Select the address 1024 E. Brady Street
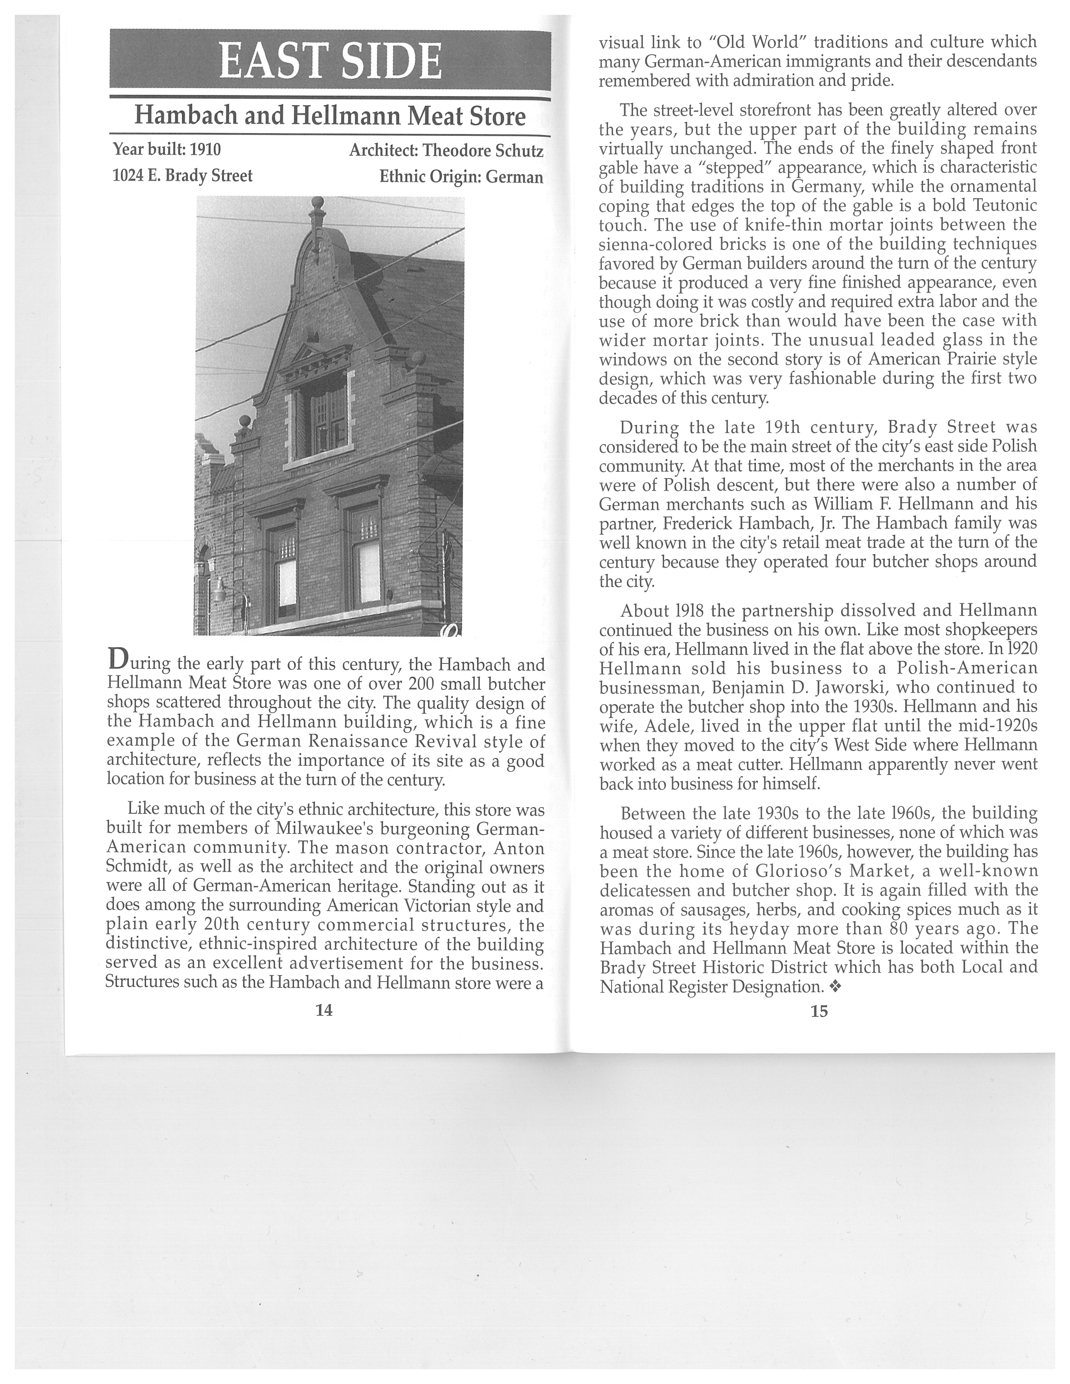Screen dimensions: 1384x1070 click(183, 176)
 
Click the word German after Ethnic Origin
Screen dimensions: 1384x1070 click(514, 177)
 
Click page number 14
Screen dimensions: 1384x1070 click(324, 1010)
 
